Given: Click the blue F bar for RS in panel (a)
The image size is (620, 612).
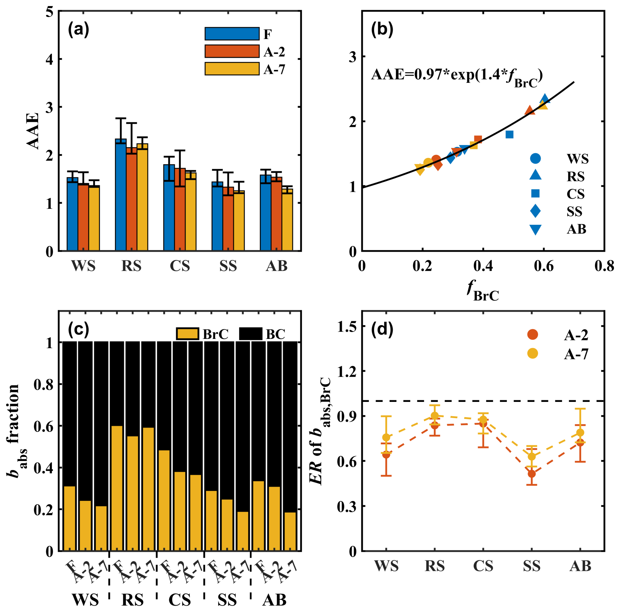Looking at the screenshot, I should tap(121, 196).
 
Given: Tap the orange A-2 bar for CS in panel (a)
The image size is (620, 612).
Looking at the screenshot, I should tap(180, 210).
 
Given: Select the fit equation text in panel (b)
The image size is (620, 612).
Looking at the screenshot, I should tap(456, 76).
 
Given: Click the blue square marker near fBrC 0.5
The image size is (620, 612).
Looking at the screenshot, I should tap(509, 134).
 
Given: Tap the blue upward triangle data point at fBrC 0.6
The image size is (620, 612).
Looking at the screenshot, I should tap(545, 99).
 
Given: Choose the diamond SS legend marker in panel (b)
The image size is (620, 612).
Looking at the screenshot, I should tap(535, 211).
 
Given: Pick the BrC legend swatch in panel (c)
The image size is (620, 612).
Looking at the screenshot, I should tap(187, 334).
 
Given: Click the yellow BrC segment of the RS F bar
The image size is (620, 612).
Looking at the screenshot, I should tap(117, 488).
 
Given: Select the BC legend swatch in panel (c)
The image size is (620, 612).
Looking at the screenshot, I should tap(251, 334).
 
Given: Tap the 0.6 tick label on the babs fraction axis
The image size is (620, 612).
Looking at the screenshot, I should tap(43, 426).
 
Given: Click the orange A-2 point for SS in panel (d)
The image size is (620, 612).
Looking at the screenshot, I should tap(532, 474).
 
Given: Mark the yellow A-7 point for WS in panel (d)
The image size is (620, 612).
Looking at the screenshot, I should tap(386, 437).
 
